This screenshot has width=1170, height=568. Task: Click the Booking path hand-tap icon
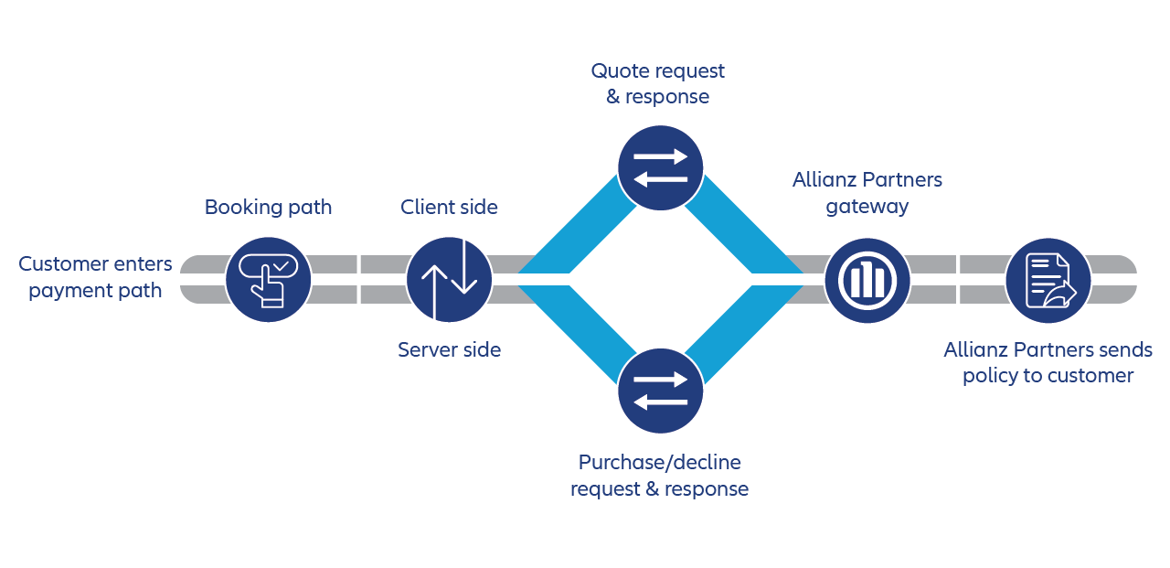coord(268,278)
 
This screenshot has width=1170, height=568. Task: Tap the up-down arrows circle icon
coord(449,278)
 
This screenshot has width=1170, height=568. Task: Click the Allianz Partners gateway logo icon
coord(867,278)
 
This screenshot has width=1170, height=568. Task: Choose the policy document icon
coord(1048,278)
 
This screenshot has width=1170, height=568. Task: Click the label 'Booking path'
coord(268,208)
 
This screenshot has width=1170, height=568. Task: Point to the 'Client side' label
coord(449,208)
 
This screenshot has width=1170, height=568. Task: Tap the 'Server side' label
coord(449,349)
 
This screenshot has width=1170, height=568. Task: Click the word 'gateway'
coord(867,207)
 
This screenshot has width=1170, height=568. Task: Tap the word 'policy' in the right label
coord(990,376)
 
